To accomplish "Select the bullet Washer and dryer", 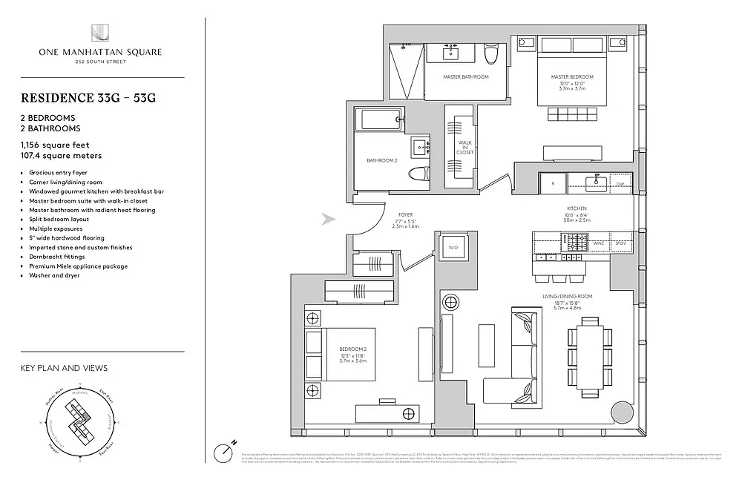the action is (55, 275).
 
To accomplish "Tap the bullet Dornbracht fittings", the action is (60, 257).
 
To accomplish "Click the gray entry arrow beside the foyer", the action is (326, 219).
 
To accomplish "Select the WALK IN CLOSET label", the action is (465, 147).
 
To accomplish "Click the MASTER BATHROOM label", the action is (465, 77).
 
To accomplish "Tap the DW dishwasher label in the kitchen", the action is (620, 185).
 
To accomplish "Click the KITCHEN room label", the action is (577, 208).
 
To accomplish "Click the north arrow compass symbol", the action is (224, 450).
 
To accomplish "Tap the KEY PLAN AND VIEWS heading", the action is (65, 368).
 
